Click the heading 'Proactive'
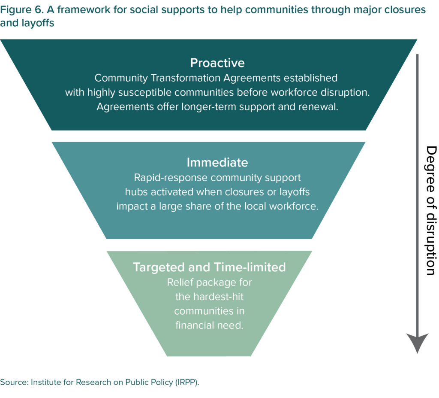(x=217, y=63)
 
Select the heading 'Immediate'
(x=217, y=162)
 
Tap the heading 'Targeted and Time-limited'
(x=209, y=267)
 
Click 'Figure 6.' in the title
(x=18, y=9)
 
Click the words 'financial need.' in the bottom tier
(x=209, y=325)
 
